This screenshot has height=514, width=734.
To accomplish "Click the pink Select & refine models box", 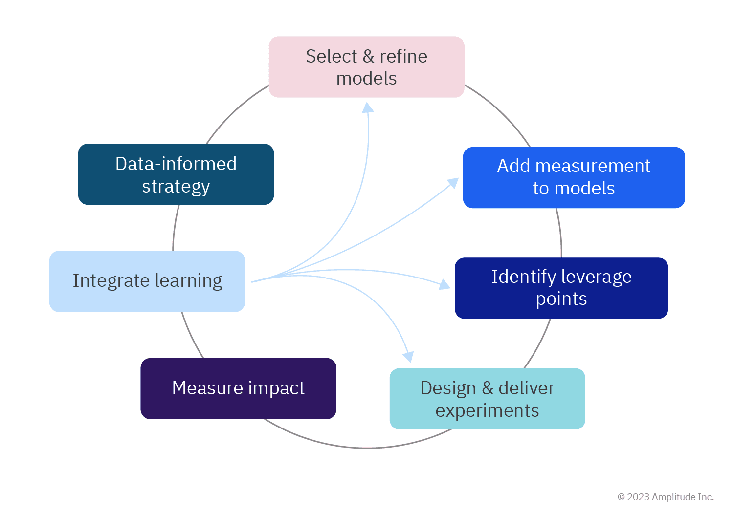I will pyautogui.click(x=366, y=67).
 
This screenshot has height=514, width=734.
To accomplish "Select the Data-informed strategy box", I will pyautogui.click(x=176, y=174).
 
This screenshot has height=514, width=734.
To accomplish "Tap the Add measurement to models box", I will pyautogui.click(x=574, y=177).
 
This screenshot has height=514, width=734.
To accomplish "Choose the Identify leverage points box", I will pyautogui.click(x=561, y=288).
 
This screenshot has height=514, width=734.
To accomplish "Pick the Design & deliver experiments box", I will pyautogui.click(x=487, y=399).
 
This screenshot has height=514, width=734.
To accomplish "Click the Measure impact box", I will pyautogui.click(x=238, y=388).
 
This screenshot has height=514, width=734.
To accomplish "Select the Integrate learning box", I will pyautogui.click(x=147, y=281).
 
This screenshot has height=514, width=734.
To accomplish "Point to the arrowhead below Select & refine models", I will pyautogui.click(x=368, y=107).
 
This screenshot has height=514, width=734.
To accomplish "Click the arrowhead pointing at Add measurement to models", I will pyautogui.click(x=453, y=183).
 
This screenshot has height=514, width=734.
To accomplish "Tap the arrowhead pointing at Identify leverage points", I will pyautogui.click(x=445, y=284).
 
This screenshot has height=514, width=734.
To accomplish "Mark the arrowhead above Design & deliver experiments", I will pyautogui.click(x=408, y=357).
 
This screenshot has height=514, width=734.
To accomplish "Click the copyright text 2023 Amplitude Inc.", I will pyautogui.click(x=666, y=497).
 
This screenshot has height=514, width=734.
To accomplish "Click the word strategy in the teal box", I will pyautogui.click(x=176, y=187).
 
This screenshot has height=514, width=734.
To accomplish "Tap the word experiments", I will pyautogui.click(x=487, y=410).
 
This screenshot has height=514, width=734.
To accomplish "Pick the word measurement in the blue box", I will pyautogui.click(x=593, y=166).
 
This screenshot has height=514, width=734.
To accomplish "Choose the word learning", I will pyautogui.click(x=188, y=281).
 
